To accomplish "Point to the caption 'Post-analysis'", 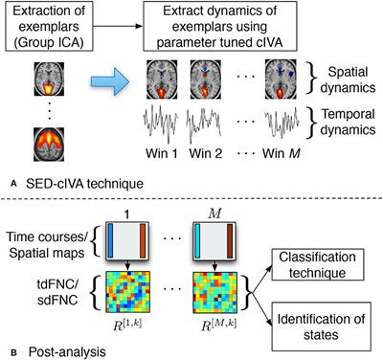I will click(60, 350).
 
